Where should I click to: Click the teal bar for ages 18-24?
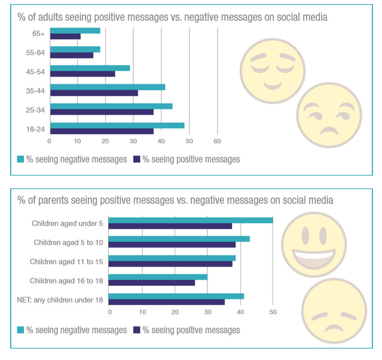tap(117, 126)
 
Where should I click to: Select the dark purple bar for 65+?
tap(65, 36)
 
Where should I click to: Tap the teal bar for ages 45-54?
tap(90, 68)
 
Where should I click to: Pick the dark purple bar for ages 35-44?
tap(94, 93)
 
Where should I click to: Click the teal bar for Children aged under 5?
tap(191, 220)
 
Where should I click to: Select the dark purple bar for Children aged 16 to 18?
tap(152, 282)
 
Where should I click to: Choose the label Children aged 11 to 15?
tap(66, 261)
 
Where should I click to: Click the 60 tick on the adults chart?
tap(218, 141)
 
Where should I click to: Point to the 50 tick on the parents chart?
tap(273, 312)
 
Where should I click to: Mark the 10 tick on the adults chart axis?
tap(78, 141)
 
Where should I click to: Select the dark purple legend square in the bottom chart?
tap(136, 330)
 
